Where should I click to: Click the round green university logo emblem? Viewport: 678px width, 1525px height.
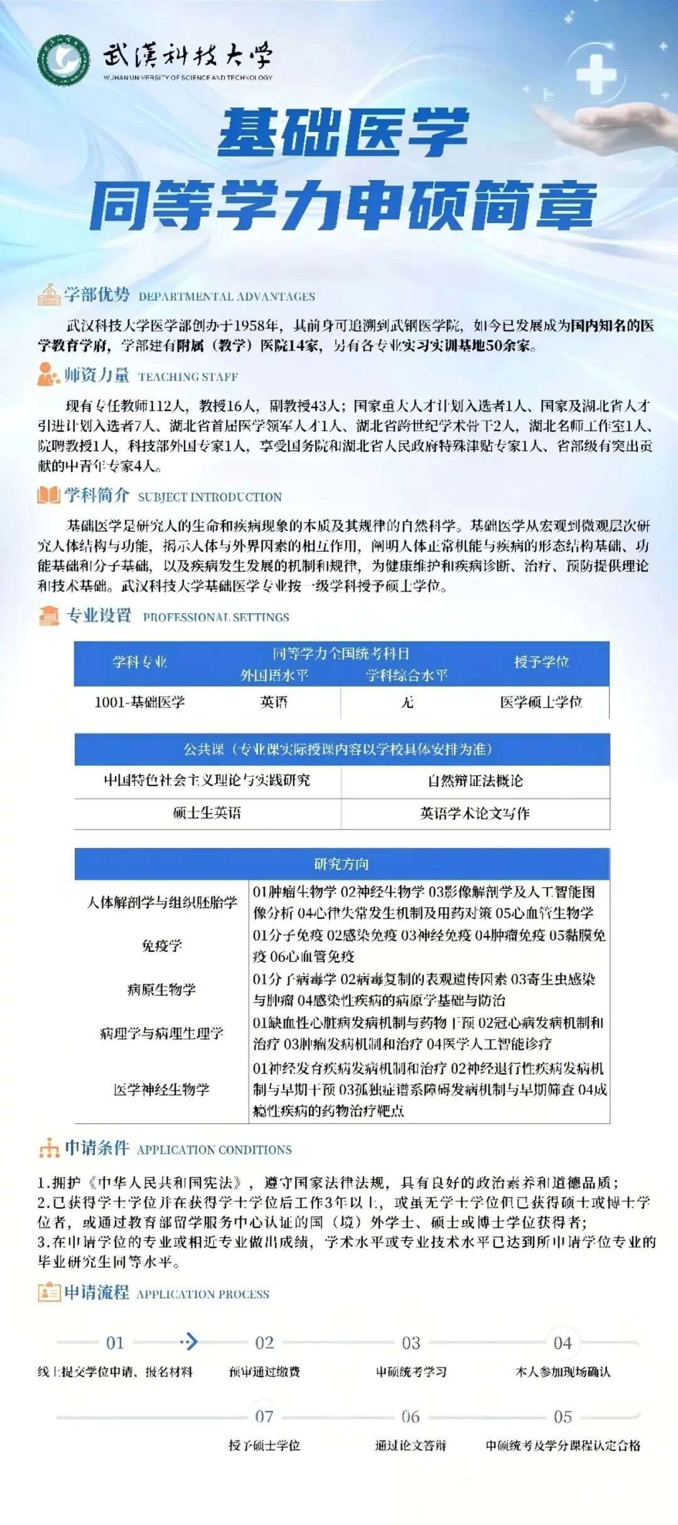coord(63,60)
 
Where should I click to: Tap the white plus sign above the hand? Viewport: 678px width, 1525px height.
coord(596,73)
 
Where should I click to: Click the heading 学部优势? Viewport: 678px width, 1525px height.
coord(97,294)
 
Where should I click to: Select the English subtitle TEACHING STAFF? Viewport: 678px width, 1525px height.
coord(188,377)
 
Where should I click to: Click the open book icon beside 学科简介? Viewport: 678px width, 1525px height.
coord(48,495)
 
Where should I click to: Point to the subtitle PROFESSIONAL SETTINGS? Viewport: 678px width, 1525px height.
coord(216,617)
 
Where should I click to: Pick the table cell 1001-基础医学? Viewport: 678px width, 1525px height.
coord(139,702)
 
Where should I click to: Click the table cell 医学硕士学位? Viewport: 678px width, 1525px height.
coord(541,702)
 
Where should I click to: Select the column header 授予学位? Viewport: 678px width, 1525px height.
coord(541,662)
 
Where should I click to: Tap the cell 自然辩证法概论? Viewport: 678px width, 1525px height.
coord(475,780)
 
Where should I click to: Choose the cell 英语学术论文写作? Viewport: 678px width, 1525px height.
coord(475,813)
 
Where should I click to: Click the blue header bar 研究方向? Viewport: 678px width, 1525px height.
coord(342,864)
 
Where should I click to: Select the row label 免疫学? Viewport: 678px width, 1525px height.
coord(162,946)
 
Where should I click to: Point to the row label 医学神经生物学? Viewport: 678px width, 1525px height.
coord(162,1089)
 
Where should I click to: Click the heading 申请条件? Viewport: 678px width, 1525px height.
coord(97,1148)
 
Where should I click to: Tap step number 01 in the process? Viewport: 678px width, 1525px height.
coord(115,1343)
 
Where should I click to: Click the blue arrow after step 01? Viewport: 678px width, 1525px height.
coord(190,1342)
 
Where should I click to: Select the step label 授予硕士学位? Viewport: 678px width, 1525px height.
coord(264,1445)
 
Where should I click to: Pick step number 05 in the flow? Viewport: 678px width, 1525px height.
coord(562,1417)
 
